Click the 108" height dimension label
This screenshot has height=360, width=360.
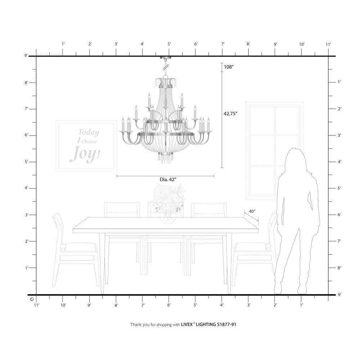(229, 67)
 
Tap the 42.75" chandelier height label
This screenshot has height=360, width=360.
(230, 113)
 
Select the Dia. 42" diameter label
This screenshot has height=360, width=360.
(168, 180)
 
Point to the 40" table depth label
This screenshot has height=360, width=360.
(252, 211)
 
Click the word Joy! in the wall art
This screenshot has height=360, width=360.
(85, 153)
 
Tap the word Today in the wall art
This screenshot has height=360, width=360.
(89, 132)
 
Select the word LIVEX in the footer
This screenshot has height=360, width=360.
(186, 324)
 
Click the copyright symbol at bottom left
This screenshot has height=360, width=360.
(32, 300)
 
